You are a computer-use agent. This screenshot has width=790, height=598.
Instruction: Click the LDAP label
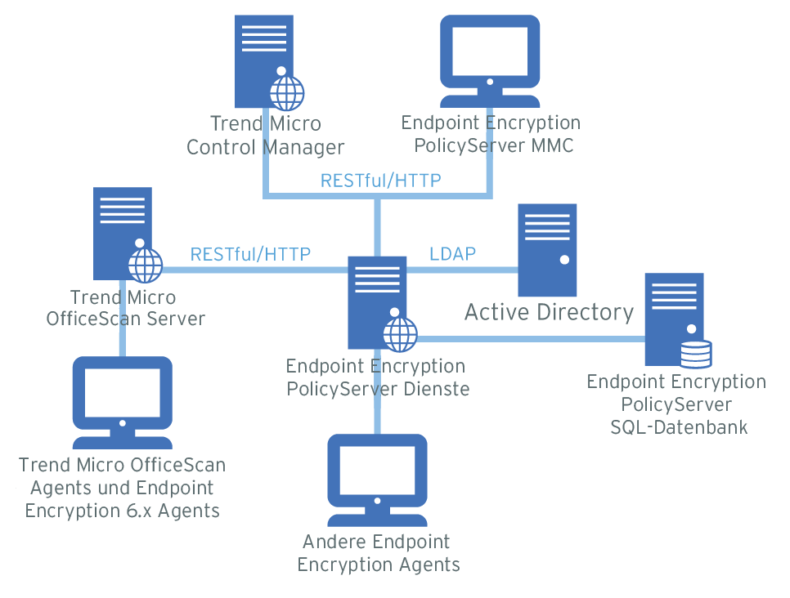tap(452, 253)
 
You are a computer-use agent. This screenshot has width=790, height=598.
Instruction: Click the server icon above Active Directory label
tap(548, 250)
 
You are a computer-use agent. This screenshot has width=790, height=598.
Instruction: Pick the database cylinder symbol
tap(696, 355)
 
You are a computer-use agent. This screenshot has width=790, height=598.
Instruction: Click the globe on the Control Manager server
tap(287, 93)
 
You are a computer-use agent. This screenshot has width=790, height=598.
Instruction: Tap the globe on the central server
tap(400, 332)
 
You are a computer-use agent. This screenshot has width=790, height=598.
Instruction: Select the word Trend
tap(236, 124)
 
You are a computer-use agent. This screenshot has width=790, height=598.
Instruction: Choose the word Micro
tap(294, 124)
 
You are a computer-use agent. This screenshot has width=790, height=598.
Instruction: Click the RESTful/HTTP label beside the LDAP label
tap(250, 254)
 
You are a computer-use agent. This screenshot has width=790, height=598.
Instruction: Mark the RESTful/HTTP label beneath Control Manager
tap(380, 181)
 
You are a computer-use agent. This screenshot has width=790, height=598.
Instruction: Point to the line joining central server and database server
tap(532, 338)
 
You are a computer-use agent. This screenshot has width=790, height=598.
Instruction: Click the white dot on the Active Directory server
tap(564, 260)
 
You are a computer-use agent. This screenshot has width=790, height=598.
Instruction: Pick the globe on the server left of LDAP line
tap(146, 264)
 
